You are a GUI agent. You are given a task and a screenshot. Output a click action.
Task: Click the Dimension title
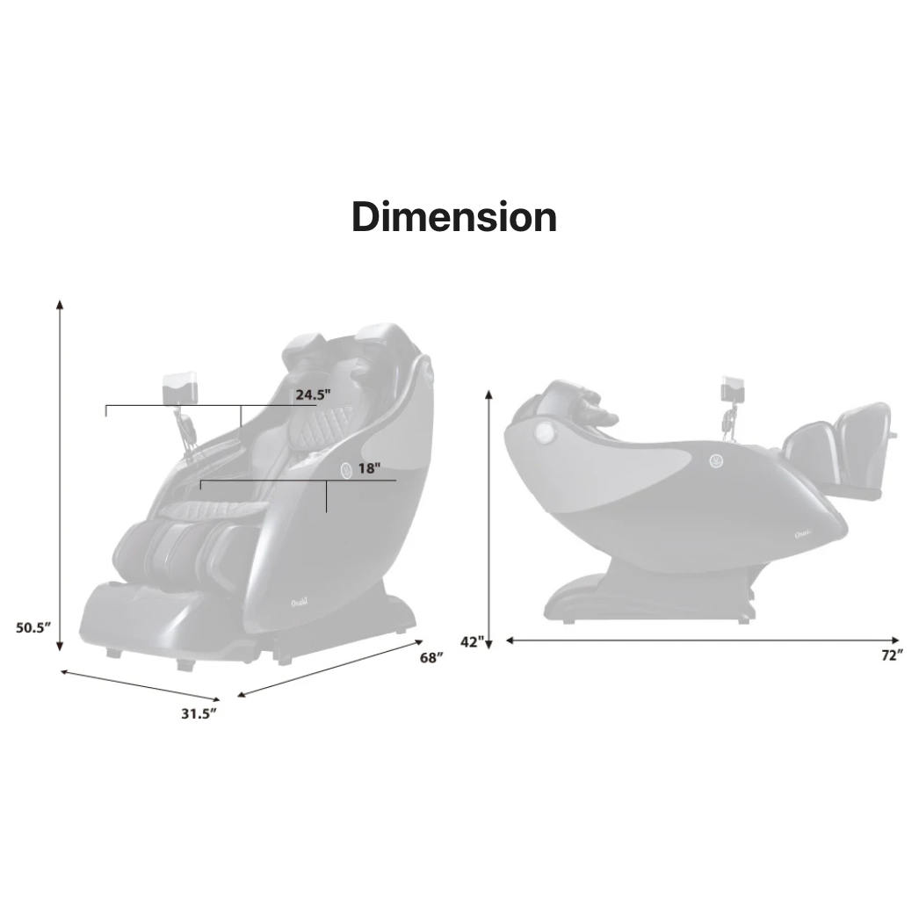(x=454, y=216)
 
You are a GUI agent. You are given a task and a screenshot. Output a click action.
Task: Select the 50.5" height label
(x=33, y=628)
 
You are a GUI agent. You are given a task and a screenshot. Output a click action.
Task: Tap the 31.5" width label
(x=199, y=713)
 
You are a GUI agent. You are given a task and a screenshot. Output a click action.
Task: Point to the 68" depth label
(x=431, y=659)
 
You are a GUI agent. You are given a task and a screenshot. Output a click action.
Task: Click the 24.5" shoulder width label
(x=312, y=394)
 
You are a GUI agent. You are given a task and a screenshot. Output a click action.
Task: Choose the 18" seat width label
(x=368, y=468)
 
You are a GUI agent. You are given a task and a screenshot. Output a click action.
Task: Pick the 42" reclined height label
(x=471, y=642)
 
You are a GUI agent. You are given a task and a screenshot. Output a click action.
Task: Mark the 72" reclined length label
(x=892, y=655)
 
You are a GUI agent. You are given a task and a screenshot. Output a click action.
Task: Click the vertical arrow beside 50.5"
(x=60, y=474)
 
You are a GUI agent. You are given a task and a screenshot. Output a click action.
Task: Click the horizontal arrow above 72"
(x=703, y=640)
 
